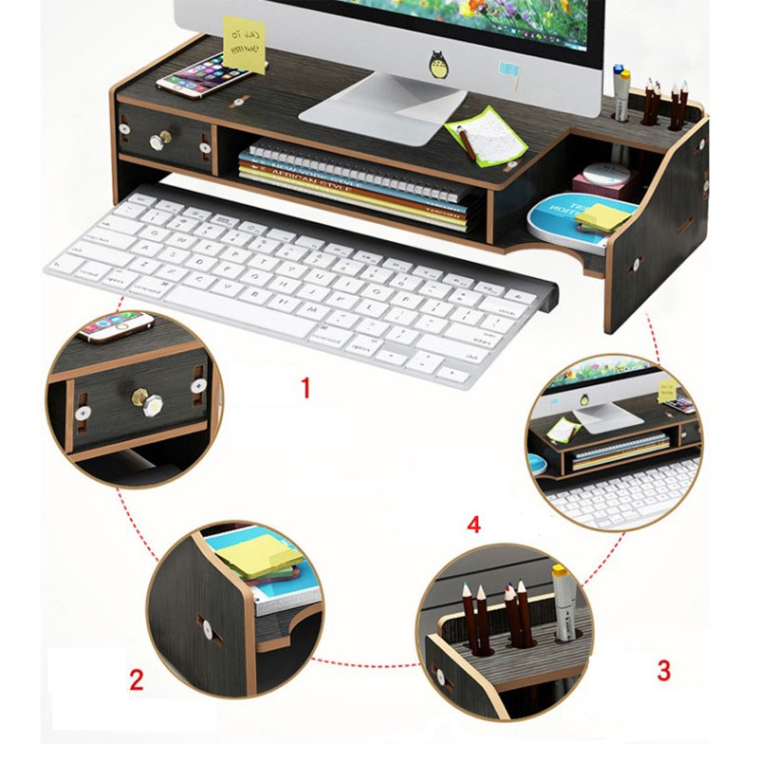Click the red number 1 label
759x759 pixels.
(x=305, y=388)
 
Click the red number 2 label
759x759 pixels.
(x=137, y=679)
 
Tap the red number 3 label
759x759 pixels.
(x=664, y=670)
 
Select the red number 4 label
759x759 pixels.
(x=474, y=523)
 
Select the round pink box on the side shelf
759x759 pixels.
(x=601, y=176)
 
